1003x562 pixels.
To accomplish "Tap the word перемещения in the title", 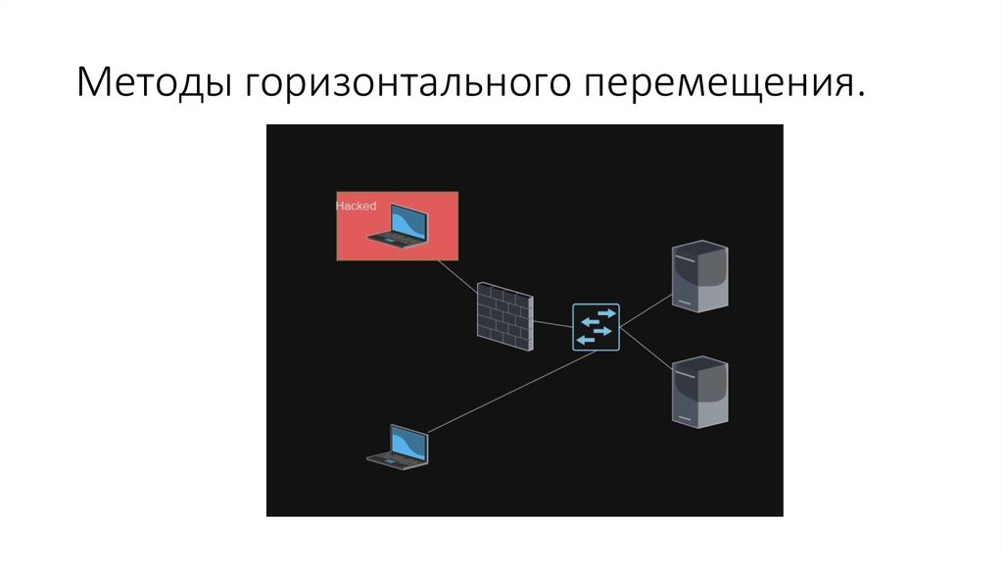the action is [x=715, y=83].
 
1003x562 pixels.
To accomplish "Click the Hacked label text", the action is [x=356, y=206].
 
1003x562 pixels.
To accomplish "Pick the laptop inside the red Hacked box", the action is [x=400, y=224].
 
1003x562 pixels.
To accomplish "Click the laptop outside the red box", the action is [x=399, y=445].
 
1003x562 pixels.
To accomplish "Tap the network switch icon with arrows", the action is [x=596, y=327].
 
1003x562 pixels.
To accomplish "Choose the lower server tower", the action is [x=699, y=391].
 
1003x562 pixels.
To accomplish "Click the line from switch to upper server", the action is [x=645, y=309].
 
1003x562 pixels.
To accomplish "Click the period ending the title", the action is [x=861, y=95].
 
